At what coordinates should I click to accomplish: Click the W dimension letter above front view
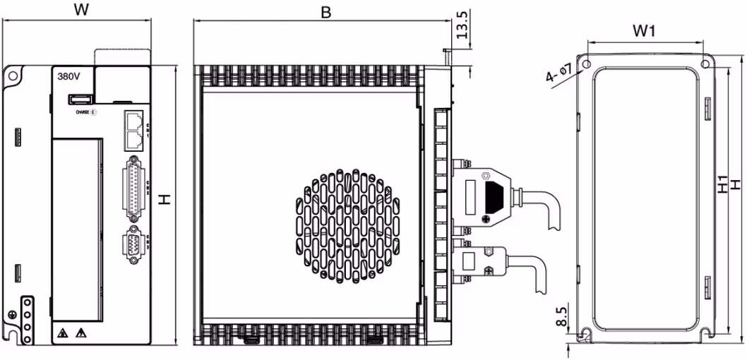81,10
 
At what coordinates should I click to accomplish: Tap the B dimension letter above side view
325,12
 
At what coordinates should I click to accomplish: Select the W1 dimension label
645,30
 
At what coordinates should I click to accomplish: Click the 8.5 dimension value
560,315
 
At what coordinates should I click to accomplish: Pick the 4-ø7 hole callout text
558,73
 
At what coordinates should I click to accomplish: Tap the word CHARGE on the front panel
81,112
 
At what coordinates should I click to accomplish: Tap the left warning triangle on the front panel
64,332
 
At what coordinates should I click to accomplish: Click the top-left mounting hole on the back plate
585,64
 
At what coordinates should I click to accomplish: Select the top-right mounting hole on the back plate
705,64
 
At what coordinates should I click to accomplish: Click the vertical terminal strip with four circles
28,320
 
